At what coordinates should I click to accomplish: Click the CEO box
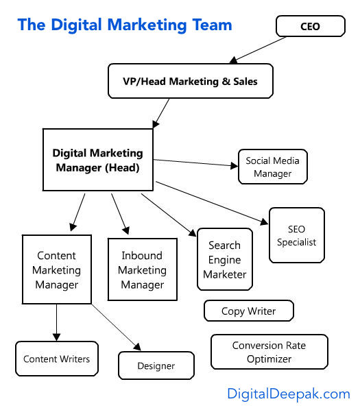coord(311,26)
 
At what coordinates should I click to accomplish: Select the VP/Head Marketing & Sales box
coord(191,81)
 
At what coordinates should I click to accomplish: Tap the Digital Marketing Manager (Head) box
coord(98,160)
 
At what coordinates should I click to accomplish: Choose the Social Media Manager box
coord(273,167)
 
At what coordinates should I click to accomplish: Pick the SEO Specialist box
coord(296,235)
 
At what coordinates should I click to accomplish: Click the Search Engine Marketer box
coord(225,259)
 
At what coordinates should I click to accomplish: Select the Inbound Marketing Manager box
coord(143,269)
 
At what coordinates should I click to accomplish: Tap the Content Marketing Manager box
coord(57,269)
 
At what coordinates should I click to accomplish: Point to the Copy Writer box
coord(249,311)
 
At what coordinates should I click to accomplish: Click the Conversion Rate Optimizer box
coord(269,352)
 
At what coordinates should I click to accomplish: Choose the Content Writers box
coord(57,359)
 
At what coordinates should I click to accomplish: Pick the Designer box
coord(156,365)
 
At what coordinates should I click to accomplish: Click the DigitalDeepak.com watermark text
coord(289,394)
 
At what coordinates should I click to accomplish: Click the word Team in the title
coord(213,25)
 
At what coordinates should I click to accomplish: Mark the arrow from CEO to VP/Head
coord(258,50)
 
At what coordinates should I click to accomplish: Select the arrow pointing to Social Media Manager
coord(195,163)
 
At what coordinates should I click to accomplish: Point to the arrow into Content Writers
coord(57,323)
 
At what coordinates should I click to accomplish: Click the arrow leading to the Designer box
coord(117,327)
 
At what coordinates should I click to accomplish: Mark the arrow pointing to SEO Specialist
coord(212,203)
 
